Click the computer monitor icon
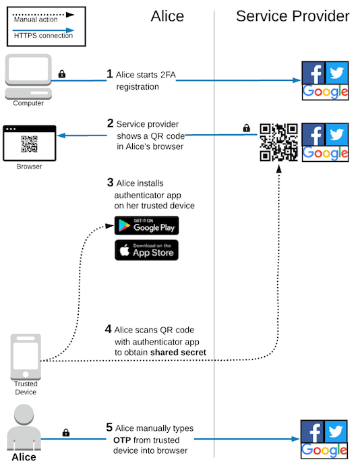pyautogui.click(x=28, y=76)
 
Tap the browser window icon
pyautogui.click(x=29, y=142)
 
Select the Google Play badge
pyautogui.click(x=146, y=225)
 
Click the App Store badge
pyautogui.click(x=146, y=249)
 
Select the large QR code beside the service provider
pyautogui.click(x=278, y=142)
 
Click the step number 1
pyautogui.click(x=109, y=73)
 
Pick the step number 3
pyautogui.click(x=110, y=182)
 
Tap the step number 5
pyautogui.click(x=109, y=427)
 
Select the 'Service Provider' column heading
pyautogui.click(x=293, y=16)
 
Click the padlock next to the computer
pyautogui.click(x=62, y=74)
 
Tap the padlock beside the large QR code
pyautogui.click(x=246, y=127)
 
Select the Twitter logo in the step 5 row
pyautogui.click(x=336, y=430)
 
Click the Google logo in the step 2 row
pyautogui.click(x=325, y=154)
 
